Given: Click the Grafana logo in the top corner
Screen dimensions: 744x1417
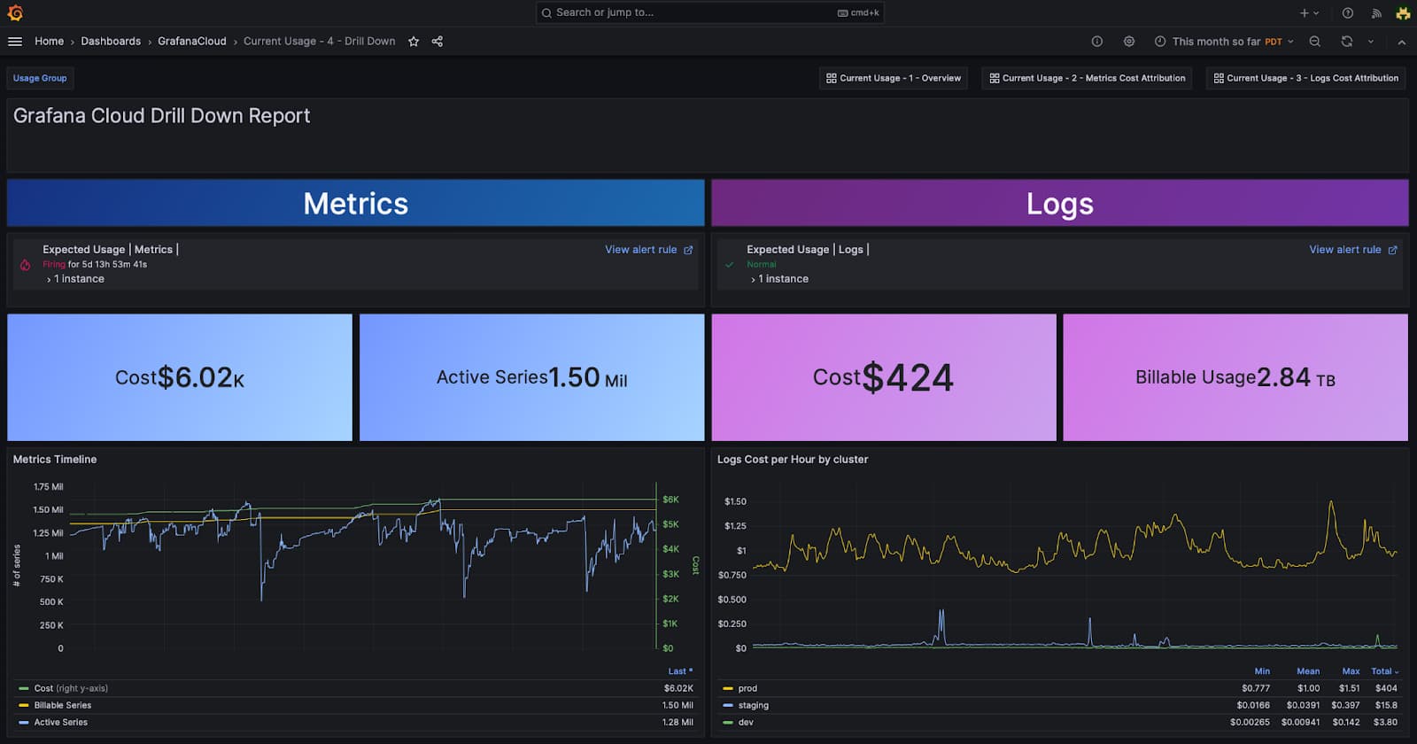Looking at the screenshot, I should click(x=15, y=12).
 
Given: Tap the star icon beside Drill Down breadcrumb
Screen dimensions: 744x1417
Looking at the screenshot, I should click(x=414, y=42).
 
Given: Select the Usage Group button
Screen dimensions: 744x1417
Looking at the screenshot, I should click(x=40, y=78).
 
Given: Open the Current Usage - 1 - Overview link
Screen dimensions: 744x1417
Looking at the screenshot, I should click(x=893, y=78).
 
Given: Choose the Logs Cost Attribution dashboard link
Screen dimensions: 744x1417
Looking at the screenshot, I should click(x=1305, y=78).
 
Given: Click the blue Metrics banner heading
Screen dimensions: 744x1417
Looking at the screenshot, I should click(x=355, y=204).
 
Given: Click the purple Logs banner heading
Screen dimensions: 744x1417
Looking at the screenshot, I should click(x=1059, y=204).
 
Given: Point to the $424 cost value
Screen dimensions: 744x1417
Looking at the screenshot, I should click(x=907, y=378).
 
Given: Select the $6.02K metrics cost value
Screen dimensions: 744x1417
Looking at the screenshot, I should click(x=200, y=378).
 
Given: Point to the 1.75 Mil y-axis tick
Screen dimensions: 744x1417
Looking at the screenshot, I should click(x=48, y=487).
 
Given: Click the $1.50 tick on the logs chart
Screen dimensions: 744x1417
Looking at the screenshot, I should click(x=735, y=501).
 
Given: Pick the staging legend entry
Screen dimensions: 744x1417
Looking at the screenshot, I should click(x=753, y=706).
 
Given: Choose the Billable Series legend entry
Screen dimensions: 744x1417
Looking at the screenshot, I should click(x=62, y=706).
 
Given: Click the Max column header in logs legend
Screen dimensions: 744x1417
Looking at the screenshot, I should click(x=1351, y=671).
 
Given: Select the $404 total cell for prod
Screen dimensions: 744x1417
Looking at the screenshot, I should click(x=1385, y=688).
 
